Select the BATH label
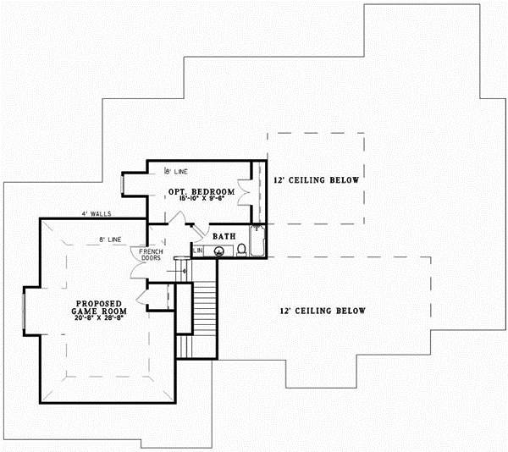224,236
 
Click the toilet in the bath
241,250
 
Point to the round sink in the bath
219,251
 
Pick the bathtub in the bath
257,240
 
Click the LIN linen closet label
198,251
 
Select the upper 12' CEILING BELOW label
317,181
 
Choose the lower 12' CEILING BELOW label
323,311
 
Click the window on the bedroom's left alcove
125,185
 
